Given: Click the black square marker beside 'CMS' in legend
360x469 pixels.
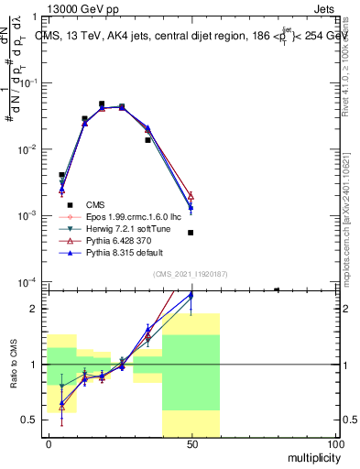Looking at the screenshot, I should pyautogui.click(x=68, y=204).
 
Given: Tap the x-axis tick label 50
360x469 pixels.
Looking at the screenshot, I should pyautogui.click(x=191, y=443).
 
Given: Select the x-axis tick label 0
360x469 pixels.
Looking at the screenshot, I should pyautogui.click(x=49, y=443).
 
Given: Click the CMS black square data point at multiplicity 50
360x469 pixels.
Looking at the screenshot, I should pyautogui.click(x=191, y=233).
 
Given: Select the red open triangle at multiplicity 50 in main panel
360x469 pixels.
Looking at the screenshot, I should pyautogui.click(x=191, y=195).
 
